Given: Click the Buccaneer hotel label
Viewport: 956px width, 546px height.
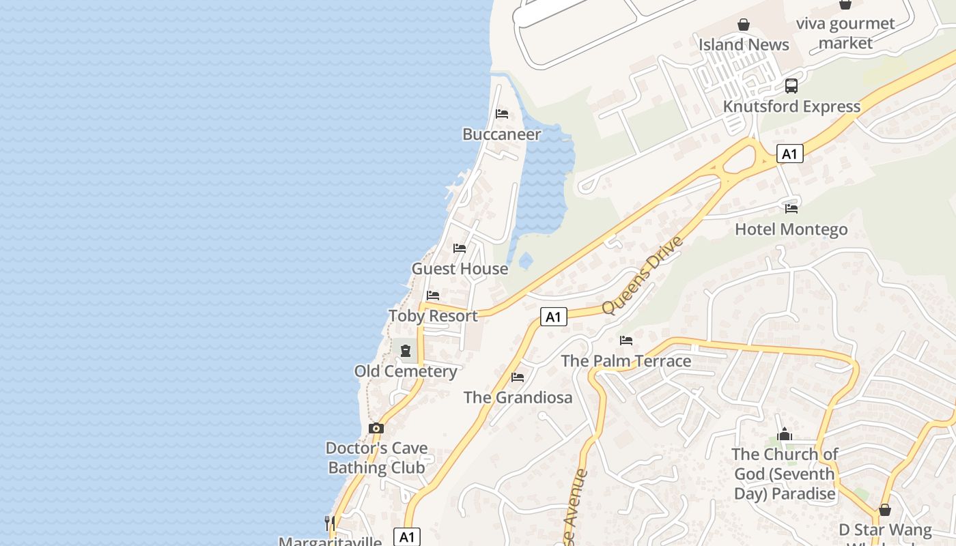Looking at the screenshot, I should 502,134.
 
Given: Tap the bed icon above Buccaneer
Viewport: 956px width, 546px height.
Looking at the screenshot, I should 502,114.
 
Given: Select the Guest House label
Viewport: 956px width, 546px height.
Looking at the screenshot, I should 460,269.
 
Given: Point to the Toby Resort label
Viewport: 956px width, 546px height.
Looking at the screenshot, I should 433,316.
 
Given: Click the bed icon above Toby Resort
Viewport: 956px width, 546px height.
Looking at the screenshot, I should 433,296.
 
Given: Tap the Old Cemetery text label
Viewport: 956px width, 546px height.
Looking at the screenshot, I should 406,371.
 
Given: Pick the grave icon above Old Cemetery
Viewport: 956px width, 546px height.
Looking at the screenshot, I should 406,351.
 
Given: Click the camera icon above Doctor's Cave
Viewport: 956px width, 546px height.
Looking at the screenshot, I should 376,429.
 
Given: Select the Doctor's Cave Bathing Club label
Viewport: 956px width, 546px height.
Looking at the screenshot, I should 376,458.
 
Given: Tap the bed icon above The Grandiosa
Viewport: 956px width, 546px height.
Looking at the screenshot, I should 518,377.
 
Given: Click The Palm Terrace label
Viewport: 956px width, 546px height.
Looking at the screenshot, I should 626,361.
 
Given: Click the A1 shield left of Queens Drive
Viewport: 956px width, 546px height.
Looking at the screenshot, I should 554,317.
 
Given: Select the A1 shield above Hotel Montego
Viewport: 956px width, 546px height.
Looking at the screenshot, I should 789,154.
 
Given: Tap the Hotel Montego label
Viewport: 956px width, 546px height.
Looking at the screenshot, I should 791,229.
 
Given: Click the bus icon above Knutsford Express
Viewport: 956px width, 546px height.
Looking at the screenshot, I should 791,86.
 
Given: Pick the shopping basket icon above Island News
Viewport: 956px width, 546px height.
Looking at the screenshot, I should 744,25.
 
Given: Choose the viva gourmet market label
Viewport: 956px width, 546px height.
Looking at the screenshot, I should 845,33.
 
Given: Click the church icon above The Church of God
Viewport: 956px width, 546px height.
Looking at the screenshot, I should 785,434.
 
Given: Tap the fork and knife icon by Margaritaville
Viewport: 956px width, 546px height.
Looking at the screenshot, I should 330,523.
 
